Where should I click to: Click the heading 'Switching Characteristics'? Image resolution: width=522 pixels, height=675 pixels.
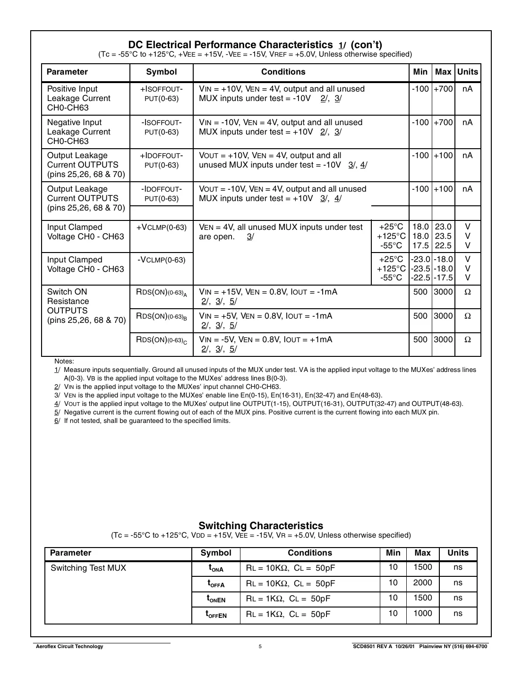[x=261, y=525]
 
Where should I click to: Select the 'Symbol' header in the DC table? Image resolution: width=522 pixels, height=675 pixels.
[x=161, y=72]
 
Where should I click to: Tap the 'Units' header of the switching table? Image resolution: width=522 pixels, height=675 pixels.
[x=458, y=553]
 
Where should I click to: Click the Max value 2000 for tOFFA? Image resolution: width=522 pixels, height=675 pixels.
[x=422, y=582]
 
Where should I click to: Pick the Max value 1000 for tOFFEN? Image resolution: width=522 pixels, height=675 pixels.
[x=422, y=613]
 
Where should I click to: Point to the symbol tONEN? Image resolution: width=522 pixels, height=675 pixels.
[x=216, y=599]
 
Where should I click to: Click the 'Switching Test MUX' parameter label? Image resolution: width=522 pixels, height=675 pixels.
[x=88, y=568]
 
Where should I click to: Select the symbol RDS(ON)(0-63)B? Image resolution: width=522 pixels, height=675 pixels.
[x=161, y=316]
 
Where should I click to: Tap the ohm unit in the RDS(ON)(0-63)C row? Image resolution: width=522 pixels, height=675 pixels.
[x=467, y=339]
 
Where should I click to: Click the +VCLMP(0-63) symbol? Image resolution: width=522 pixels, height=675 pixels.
[x=161, y=227]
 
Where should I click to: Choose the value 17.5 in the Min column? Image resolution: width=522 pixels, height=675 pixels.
[x=420, y=245]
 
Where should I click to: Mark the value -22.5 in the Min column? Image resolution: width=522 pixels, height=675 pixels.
[x=420, y=278]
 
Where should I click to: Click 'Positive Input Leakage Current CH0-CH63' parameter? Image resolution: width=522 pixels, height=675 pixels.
[x=78, y=98]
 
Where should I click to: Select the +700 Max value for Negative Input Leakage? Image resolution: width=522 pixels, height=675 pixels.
[x=443, y=122]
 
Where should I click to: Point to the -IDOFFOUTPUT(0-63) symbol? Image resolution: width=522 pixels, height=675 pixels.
[x=161, y=194]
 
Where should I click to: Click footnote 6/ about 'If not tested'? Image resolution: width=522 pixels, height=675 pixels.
[x=146, y=421]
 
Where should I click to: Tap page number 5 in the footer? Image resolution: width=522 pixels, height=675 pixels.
[x=260, y=646]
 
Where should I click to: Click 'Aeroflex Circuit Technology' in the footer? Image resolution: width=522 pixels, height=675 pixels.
[x=69, y=646]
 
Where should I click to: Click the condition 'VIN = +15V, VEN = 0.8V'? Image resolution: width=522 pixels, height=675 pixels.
[x=268, y=292]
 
